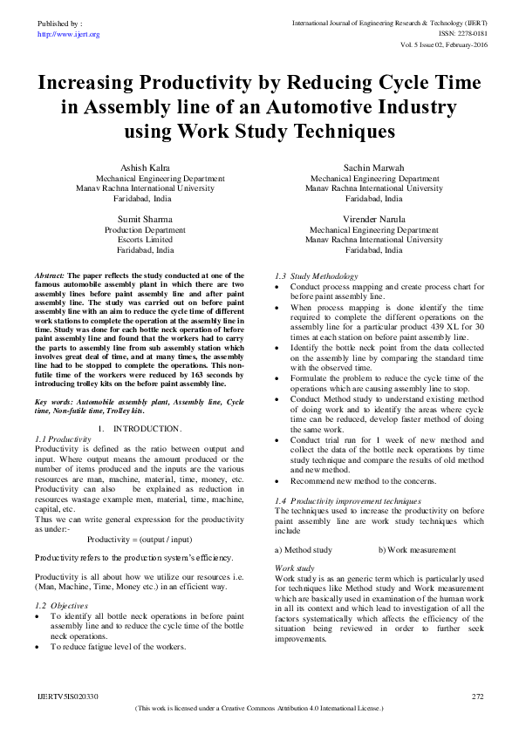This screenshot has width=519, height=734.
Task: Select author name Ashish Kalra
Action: click(x=145, y=166)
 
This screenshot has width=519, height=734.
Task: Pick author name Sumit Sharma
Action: click(x=145, y=218)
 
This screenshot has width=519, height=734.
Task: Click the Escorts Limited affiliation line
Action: click(x=145, y=239)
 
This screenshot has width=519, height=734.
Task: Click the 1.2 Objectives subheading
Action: click(x=56, y=605)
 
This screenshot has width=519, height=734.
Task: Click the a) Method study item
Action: click(x=303, y=550)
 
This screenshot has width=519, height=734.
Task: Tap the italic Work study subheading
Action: click(x=288, y=567)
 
